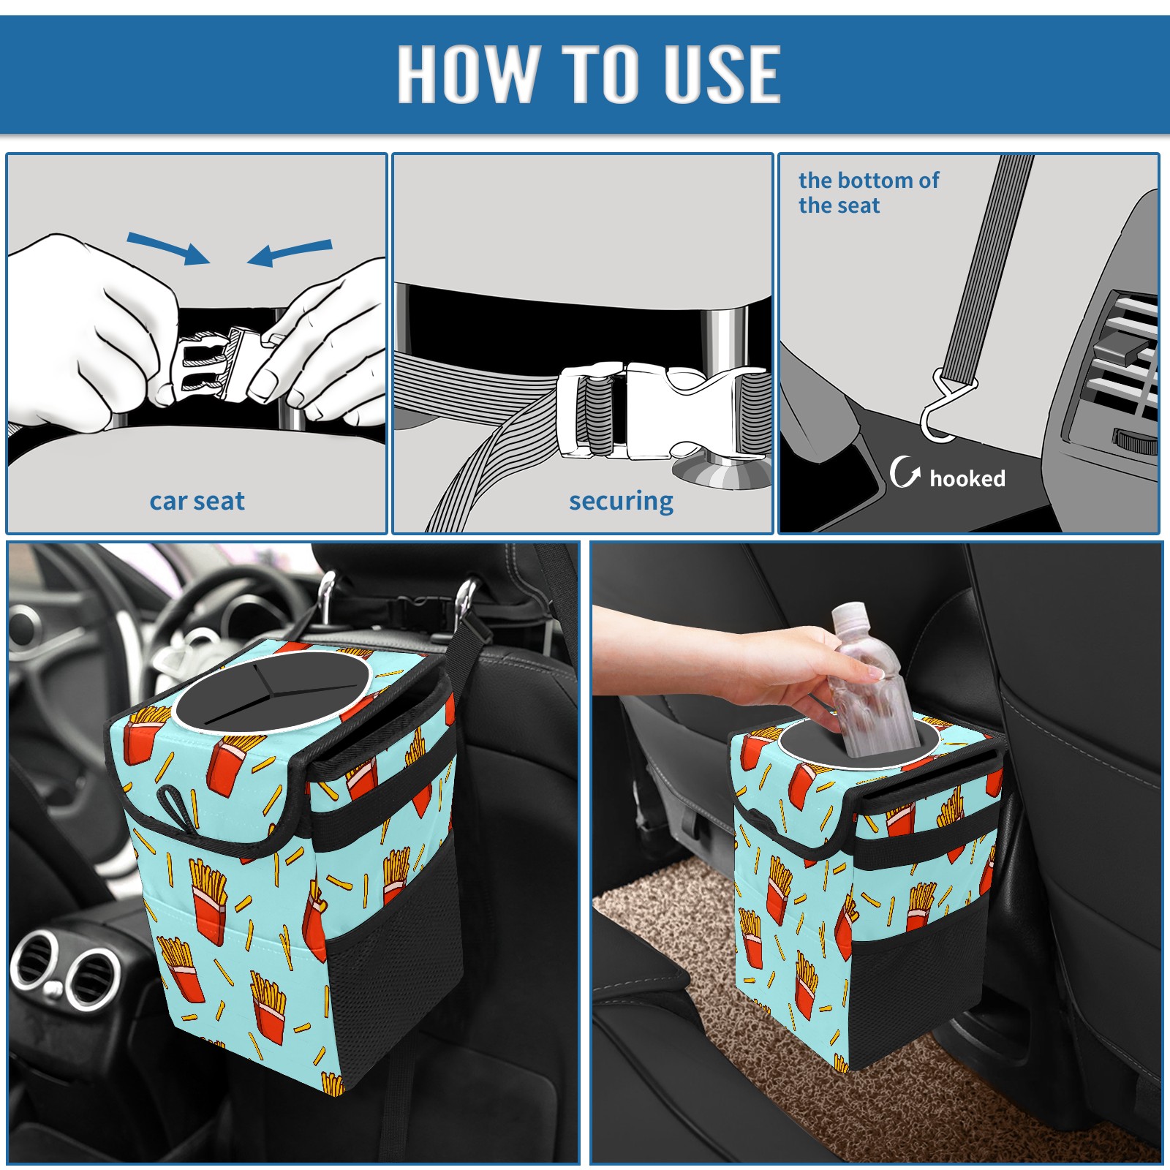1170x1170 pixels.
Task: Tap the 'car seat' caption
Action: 197,501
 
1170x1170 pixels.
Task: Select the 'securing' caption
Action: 621,502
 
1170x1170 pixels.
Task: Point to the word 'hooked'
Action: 967,478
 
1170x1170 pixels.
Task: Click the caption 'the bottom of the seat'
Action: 868,192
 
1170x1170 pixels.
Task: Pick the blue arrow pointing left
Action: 290,252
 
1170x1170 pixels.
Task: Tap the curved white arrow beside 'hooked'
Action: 905,472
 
